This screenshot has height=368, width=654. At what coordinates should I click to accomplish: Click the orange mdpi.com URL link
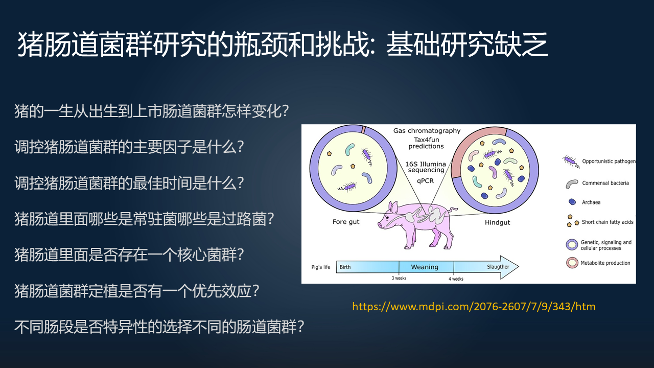tap(474, 307)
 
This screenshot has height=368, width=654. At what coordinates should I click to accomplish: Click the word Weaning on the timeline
tap(425, 267)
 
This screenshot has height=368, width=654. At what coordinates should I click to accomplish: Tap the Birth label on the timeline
tap(345, 267)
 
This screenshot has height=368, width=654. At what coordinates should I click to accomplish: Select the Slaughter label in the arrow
tap(498, 267)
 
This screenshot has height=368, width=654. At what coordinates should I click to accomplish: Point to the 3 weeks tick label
tap(399, 278)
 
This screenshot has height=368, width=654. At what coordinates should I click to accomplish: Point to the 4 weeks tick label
tap(456, 279)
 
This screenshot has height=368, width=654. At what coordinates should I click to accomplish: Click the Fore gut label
tap(346, 222)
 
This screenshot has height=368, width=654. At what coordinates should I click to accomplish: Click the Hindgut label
tap(497, 222)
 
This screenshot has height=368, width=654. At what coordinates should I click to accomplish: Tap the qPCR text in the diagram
tap(425, 181)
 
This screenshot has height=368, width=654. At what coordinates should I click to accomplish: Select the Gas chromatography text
tap(427, 130)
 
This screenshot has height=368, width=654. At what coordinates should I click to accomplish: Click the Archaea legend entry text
tap(591, 202)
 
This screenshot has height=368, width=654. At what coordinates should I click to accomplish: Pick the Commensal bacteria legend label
tap(605, 183)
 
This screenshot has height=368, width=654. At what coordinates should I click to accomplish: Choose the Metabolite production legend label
tap(605, 263)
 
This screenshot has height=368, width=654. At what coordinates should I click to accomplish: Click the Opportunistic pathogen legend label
tap(609, 161)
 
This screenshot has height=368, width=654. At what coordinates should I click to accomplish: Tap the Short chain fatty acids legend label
tap(608, 222)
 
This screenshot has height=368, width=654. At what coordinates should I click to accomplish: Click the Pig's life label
tap(320, 267)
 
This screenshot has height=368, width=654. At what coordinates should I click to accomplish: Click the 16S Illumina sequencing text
tap(426, 167)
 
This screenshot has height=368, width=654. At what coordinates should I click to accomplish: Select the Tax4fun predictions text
tap(426, 143)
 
